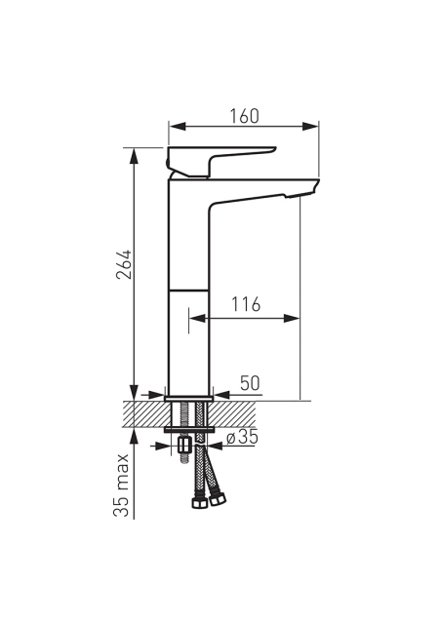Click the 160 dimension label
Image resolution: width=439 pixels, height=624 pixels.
point(244,116)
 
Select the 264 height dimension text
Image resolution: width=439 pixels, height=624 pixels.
point(124,264)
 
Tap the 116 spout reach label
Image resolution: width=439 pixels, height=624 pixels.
point(246,304)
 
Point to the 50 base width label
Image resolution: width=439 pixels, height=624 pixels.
point(250,383)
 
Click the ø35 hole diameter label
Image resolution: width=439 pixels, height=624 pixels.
point(242,438)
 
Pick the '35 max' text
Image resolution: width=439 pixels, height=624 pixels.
point(121,486)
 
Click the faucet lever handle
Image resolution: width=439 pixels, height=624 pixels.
point(221,161)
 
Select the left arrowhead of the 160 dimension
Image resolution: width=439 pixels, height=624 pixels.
point(178,126)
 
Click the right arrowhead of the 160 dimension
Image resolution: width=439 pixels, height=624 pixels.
point(311,126)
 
